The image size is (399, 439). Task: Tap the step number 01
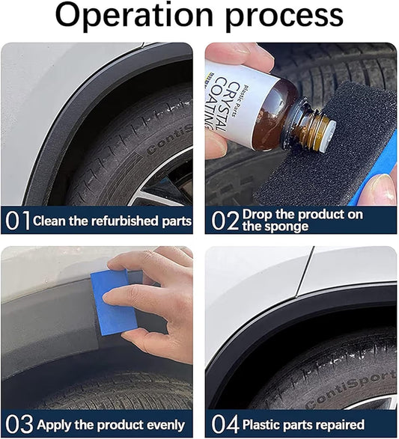click(17, 221)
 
